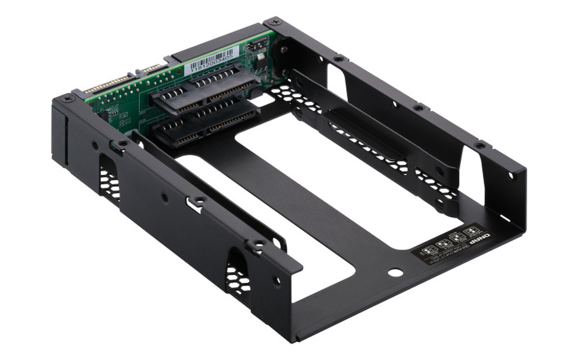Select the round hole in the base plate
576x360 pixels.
pos(395,272)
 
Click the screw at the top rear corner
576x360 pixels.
pos(275,22)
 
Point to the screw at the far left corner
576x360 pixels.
pos(65,98)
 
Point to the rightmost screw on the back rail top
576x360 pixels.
pos(479,146)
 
